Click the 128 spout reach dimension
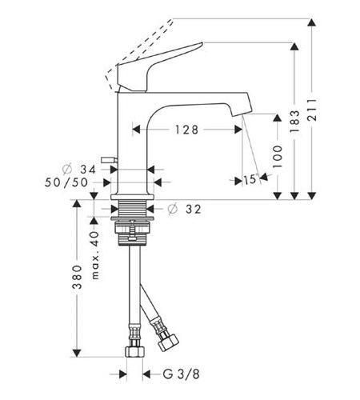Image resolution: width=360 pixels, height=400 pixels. [186, 130]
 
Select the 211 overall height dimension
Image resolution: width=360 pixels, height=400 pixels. [312, 110]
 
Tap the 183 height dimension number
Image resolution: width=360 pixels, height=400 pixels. [294, 122]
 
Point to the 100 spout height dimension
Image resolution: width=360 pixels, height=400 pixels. [278, 157]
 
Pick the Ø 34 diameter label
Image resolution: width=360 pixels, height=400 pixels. [79, 170]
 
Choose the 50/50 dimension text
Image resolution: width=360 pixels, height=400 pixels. [66, 182]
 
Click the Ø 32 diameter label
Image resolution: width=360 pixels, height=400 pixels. [184, 210]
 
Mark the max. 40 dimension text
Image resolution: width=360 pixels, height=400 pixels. [95, 255]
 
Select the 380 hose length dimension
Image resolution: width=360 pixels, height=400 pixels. [78, 277]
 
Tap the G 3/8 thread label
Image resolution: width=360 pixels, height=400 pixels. [181, 374]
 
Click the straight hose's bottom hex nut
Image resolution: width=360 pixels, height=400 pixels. [135, 352]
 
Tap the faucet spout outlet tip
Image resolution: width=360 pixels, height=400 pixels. [242, 114]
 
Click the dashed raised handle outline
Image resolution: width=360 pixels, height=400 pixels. [139, 53]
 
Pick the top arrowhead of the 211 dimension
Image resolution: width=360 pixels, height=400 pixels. [312, 22]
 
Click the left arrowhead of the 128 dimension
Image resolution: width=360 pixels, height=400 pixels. [136, 130]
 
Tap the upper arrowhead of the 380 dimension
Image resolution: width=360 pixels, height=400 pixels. [77, 204]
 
